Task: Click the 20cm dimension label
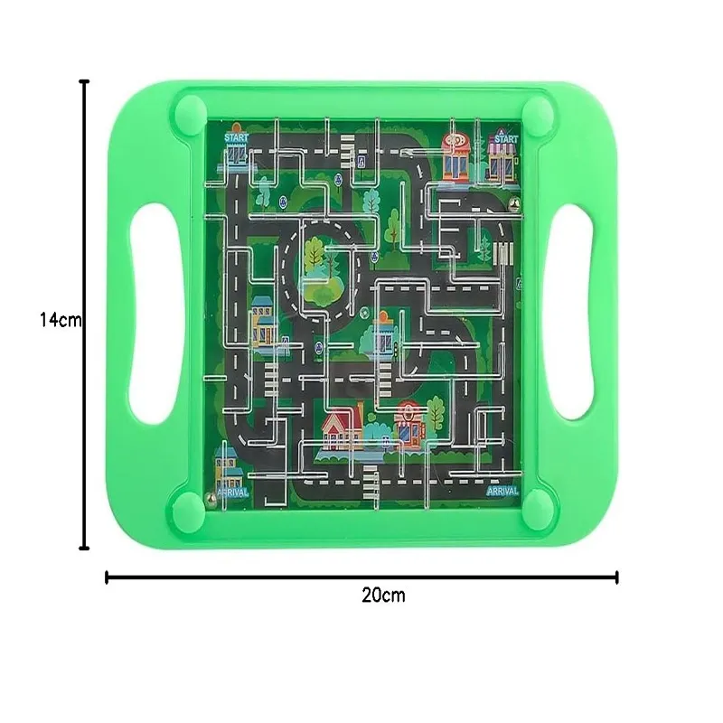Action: [383, 595]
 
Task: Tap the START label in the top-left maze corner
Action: [236, 136]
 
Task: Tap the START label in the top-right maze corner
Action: [505, 139]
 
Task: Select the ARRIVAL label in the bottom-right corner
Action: [502, 491]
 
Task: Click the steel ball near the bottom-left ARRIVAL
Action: [211, 496]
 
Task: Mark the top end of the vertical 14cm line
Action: [85, 82]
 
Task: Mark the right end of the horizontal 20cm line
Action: [616, 576]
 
